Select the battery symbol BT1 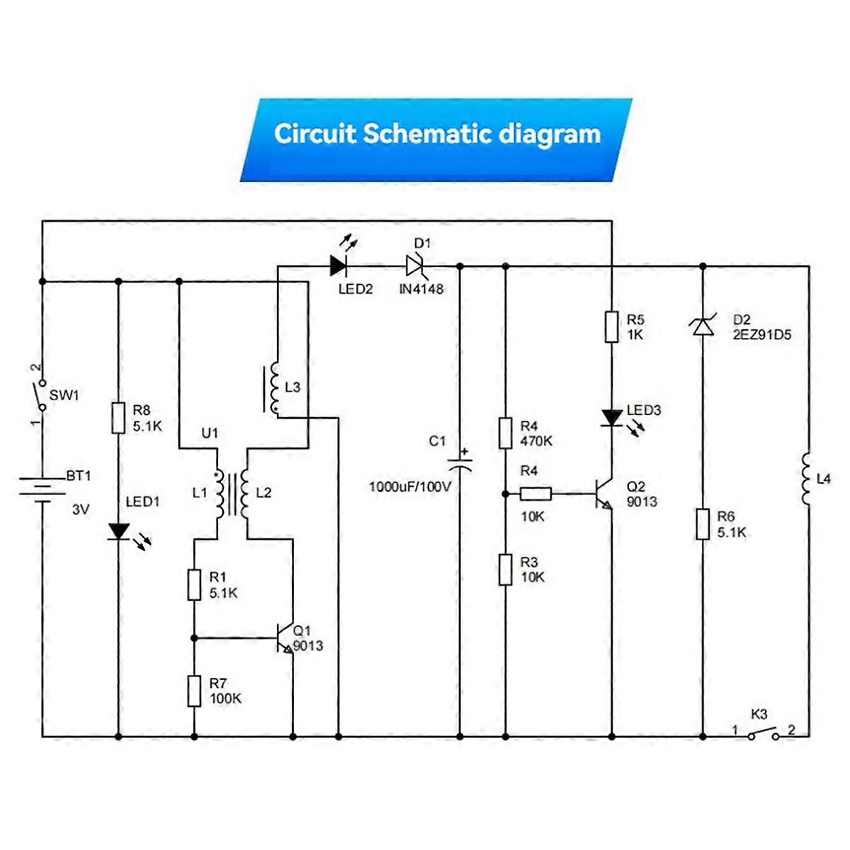pyautogui.click(x=42, y=489)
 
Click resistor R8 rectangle pyautogui.click(x=118, y=418)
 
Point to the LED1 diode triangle pyautogui.click(x=118, y=531)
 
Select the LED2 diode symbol pyautogui.click(x=339, y=266)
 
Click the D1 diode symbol pyautogui.click(x=415, y=266)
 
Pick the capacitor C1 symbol pyautogui.click(x=460, y=464)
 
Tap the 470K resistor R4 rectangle pyautogui.click(x=505, y=433)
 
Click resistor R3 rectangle pyautogui.click(x=505, y=569)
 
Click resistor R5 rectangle pyautogui.click(x=611, y=327)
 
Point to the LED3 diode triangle pyautogui.click(x=611, y=418)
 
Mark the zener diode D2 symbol pyautogui.click(x=702, y=327)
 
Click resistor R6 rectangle pyautogui.click(x=702, y=524)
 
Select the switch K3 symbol pyautogui.click(x=764, y=735)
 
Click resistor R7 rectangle pyautogui.click(x=194, y=691)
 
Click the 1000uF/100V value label pyautogui.click(x=409, y=487)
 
